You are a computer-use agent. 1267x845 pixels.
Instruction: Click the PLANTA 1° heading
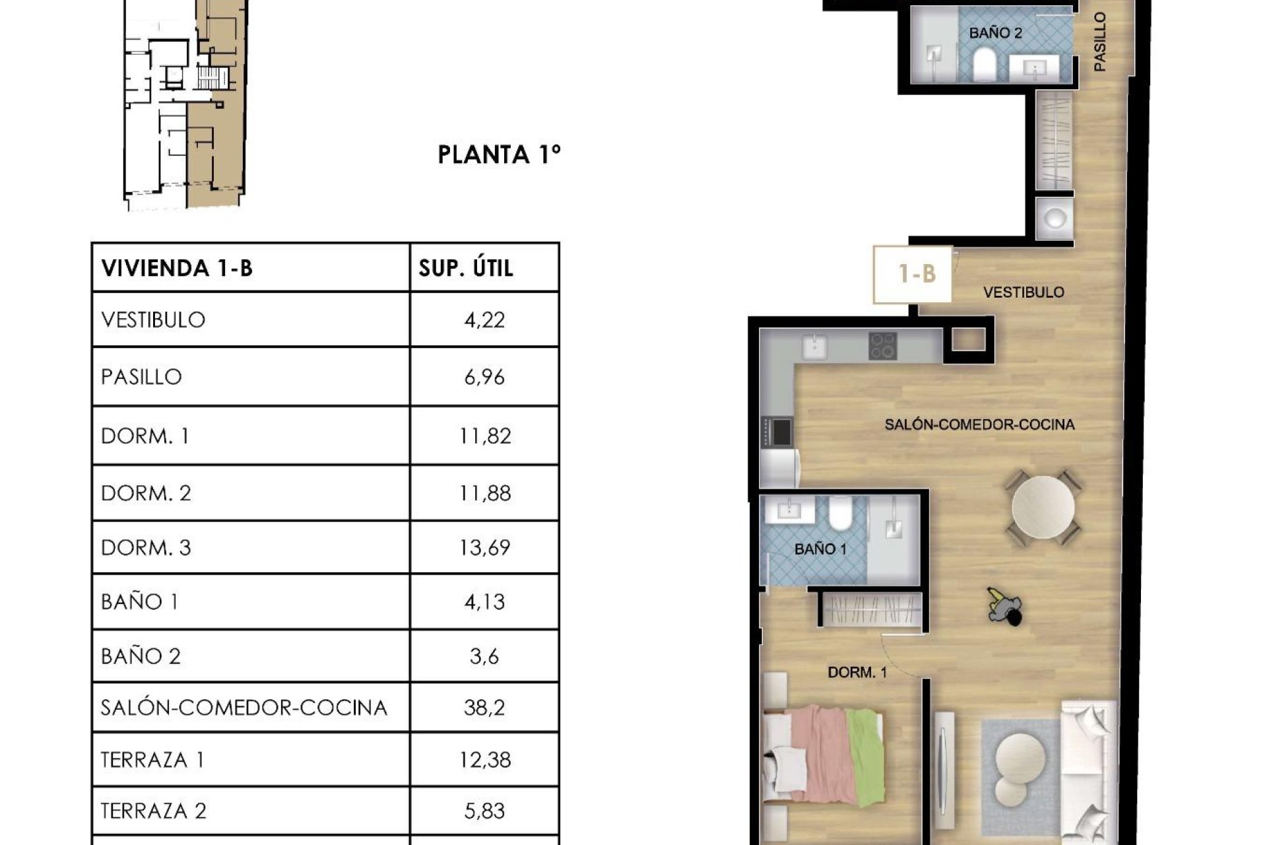coord(500,154)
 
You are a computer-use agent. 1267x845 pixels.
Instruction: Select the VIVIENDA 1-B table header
coord(177,268)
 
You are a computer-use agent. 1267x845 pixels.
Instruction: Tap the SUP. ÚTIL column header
coord(466,268)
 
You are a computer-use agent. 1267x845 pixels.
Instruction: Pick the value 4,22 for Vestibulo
coord(484,320)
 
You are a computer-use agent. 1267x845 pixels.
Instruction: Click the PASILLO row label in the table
coord(141,377)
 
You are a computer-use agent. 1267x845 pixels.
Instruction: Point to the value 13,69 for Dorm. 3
coord(484,548)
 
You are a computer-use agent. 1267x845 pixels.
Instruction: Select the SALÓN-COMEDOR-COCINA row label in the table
coord(244,708)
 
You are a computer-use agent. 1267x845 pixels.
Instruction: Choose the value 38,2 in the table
coord(484,708)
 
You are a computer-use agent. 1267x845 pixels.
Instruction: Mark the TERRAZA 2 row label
coord(153,811)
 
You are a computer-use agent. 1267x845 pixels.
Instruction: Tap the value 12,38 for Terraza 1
coord(484,760)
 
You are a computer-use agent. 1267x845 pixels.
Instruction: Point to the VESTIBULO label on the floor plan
coord(1023,292)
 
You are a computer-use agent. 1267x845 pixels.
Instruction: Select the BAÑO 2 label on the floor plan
coord(995,33)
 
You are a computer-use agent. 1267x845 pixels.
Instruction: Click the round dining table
coord(1043,507)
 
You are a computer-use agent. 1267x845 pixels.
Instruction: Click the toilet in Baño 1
coord(841,514)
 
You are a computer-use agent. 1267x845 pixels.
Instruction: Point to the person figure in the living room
coord(1004,605)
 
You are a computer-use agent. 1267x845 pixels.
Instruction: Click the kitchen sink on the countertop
coord(816,345)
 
